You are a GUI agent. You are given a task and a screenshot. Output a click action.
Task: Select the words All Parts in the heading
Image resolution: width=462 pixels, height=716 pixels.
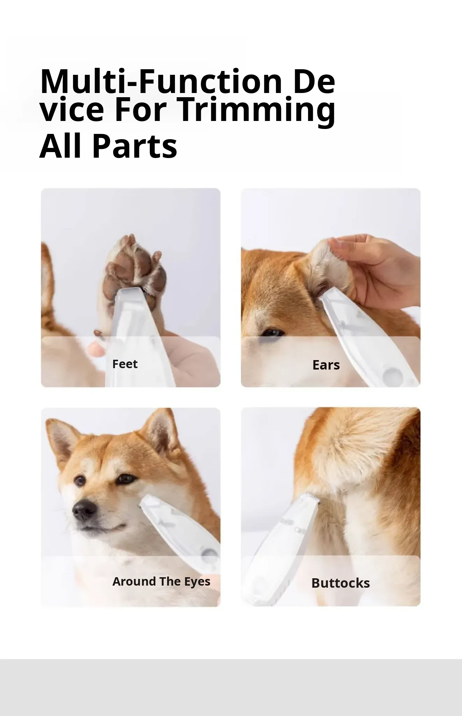pyautogui.click(x=108, y=146)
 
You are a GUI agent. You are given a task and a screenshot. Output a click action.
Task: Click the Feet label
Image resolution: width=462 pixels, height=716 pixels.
pyautogui.click(x=125, y=364)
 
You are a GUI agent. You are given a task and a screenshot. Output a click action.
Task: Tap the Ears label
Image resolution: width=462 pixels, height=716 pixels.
pyautogui.click(x=326, y=365)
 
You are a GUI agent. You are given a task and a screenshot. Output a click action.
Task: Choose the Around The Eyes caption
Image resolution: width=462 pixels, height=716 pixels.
pyautogui.click(x=161, y=581)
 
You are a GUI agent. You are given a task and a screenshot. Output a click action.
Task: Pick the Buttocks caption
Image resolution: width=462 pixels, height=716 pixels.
pyautogui.click(x=340, y=583)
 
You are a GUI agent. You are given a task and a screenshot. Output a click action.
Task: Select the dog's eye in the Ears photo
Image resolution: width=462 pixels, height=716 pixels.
pyautogui.click(x=271, y=332)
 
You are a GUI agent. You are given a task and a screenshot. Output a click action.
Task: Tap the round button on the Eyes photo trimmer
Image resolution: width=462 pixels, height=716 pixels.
pyautogui.click(x=210, y=556)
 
